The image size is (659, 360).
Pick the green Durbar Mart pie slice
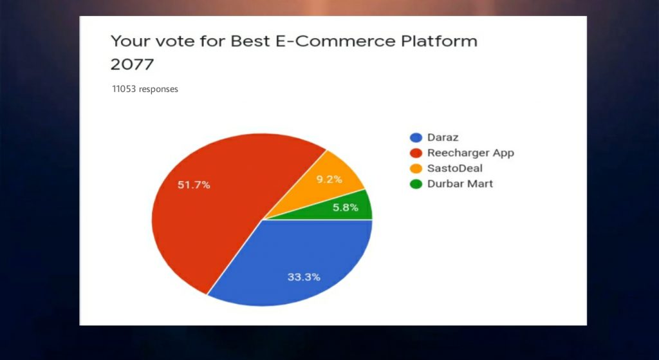pyautogui.click(x=345, y=208)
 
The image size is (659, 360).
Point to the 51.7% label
pyautogui.click(x=194, y=185)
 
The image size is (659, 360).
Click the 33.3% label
pyautogui.click(x=304, y=277)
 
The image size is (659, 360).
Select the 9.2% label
pyautogui.click(x=329, y=180)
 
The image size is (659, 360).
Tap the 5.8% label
pyautogui.click(x=346, y=207)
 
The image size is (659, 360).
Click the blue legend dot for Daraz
pyautogui.click(x=416, y=138)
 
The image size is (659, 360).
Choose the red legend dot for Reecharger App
pyautogui.click(x=416, y=153)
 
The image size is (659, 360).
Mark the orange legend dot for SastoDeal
pyautogui.click(x=416, y=169)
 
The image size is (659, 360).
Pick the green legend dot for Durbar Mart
pyautogui.click(x=416, y=184)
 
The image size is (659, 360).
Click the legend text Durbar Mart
pyautogui.click(x=459, y=184)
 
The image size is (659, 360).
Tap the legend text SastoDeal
pyautogui.click(x=455, y=168)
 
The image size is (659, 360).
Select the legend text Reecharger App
pyautogui.click(x=470, y=153)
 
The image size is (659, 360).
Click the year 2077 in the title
pyautogui.click(x=133, y=65)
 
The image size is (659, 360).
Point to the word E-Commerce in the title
pyautogui.click(x=313, y=41)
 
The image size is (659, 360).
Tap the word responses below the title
pyautogui.click(x=158, y=90)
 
